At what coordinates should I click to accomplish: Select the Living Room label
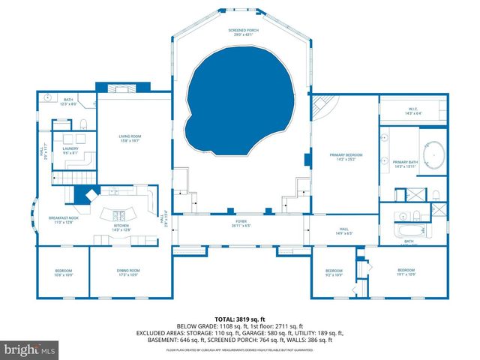click(130, 138)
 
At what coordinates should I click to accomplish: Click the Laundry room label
click(70, 149)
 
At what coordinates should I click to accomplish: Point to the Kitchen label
click(121, 226)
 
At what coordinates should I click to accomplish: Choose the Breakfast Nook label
click(60, 220)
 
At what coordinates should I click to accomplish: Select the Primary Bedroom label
click(346, 157)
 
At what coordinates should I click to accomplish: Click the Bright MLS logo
click(30, 349)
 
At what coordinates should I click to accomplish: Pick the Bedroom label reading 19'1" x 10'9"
click(406, 271)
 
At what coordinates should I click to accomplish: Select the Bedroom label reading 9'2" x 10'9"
click(333, 273)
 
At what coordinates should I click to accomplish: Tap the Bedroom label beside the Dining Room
click(64, 272)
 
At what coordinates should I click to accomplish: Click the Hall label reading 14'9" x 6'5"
click(343, 231)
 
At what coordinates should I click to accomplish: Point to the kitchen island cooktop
click(120, 209)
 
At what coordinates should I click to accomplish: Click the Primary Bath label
click(405, 164)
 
